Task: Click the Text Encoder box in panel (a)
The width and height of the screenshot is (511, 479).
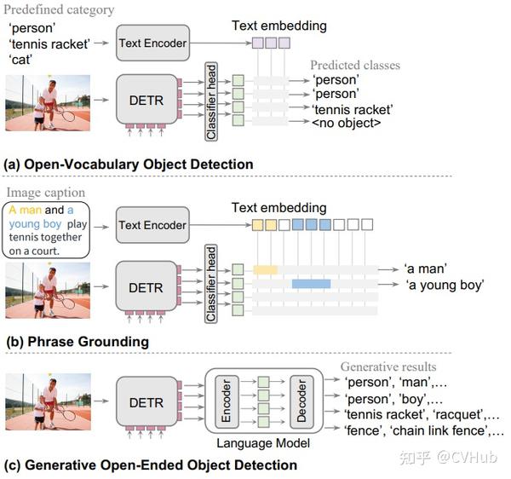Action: tap(152, 43)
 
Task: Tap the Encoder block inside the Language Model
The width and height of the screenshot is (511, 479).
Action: tap(227, 400)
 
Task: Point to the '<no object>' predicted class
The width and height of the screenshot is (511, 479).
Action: tap(347, 124)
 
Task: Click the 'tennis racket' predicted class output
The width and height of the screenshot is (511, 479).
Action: tap(352, 109)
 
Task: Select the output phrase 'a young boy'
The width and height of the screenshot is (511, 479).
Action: tap(445, 284)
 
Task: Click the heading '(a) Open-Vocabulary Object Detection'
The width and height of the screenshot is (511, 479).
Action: tap(129, 164)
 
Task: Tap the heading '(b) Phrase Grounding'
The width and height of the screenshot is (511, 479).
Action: tap(77, 342)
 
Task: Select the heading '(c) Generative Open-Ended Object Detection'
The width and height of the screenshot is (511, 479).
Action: tap(151, 465)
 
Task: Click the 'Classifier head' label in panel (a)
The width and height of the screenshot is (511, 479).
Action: tap(210, 101)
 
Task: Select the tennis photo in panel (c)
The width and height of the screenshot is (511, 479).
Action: tap(48, 401)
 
